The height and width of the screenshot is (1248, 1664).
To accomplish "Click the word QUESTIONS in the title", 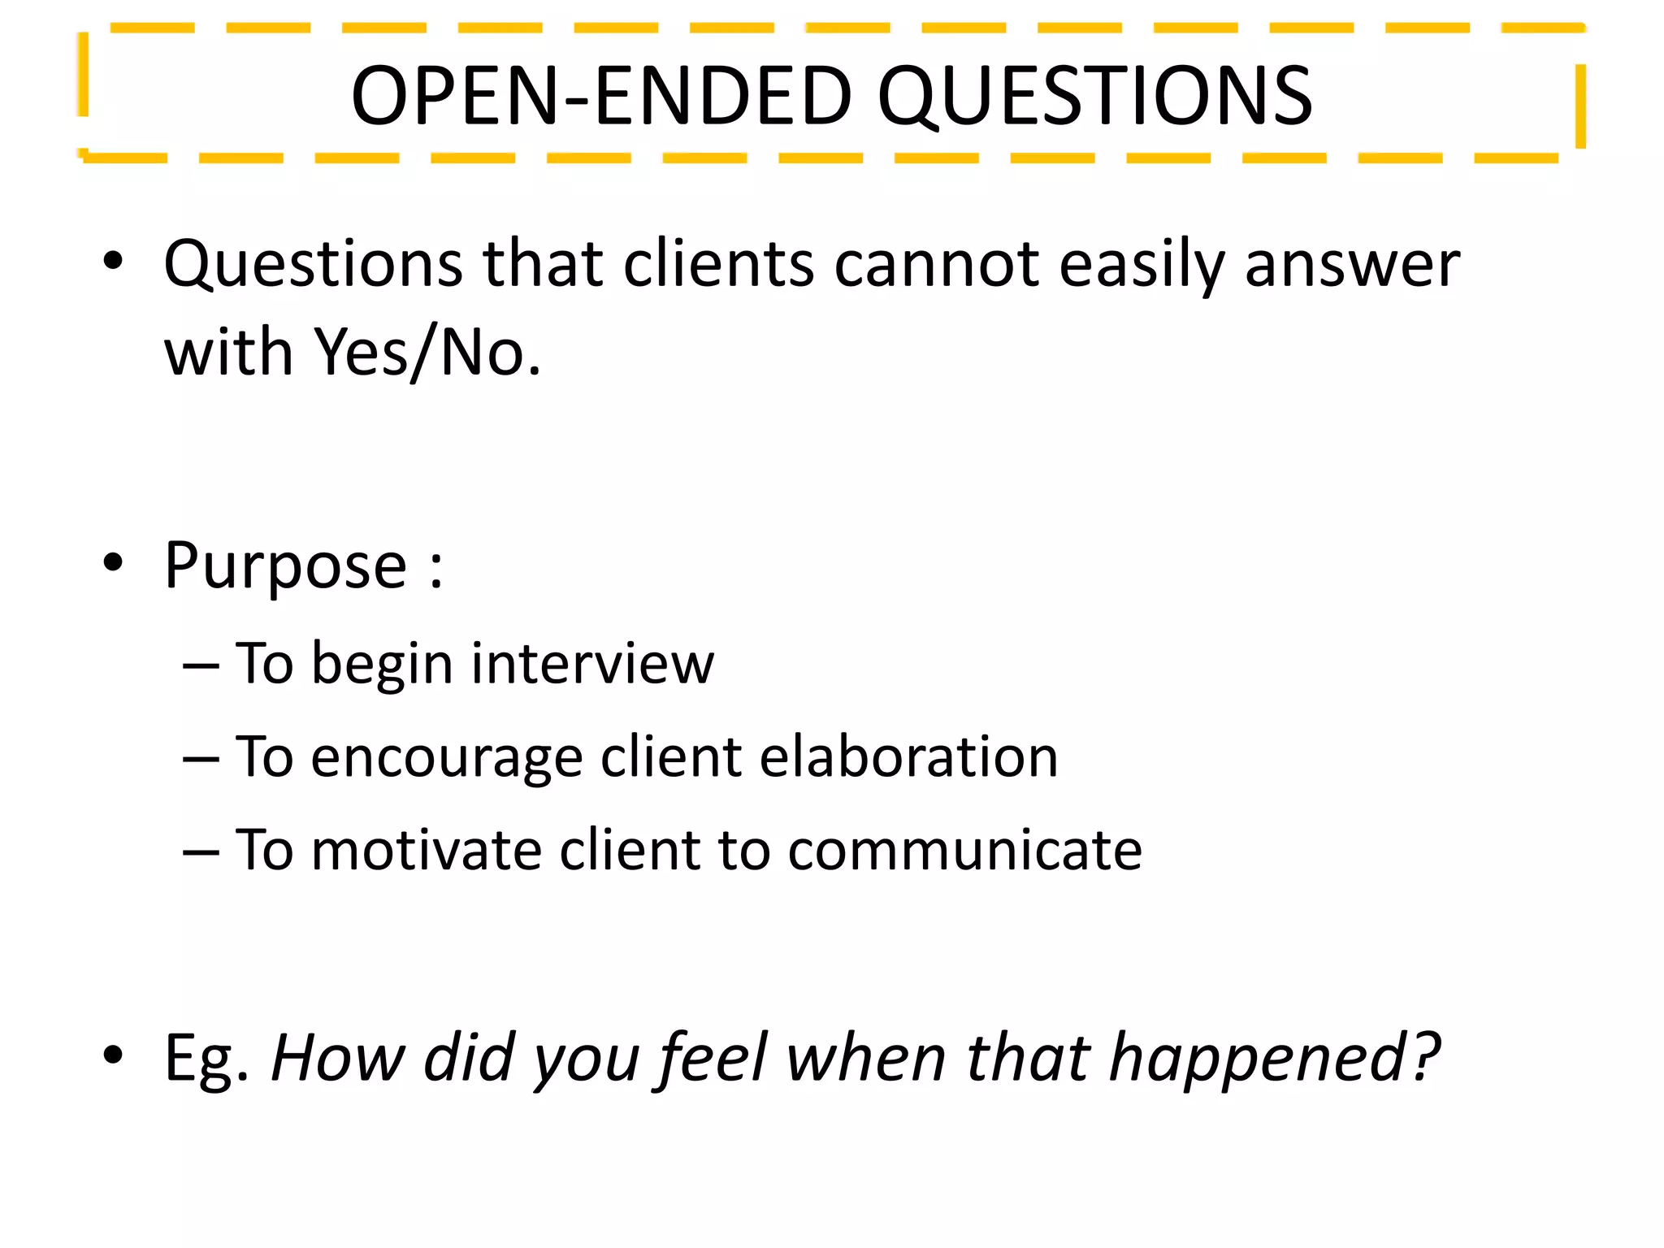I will (1094, 97).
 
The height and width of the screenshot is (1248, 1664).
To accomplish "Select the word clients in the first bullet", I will (718, 265).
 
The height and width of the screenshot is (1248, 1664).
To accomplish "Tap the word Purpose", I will (285, 567).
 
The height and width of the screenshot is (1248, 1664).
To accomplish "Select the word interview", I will (592, 665).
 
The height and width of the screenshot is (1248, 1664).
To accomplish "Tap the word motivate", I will (426, 851).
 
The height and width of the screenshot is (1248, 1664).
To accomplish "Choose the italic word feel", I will (713, 1059).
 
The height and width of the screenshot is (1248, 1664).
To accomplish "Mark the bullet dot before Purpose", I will (113, 563).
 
